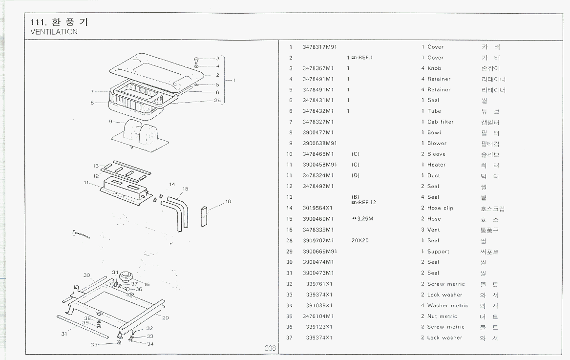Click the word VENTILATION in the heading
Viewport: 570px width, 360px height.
coord(54,32)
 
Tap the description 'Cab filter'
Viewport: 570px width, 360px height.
coord(440,122)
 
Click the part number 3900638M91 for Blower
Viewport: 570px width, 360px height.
coord(320,143)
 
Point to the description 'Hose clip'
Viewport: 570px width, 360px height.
coord(440,208)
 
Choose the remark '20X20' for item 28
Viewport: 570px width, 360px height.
coord(360,240)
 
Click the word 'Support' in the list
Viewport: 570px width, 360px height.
coord(438,252)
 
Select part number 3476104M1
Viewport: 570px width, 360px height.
coord(318,316)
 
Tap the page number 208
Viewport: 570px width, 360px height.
coord(271,348)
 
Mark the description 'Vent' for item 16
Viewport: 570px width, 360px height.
coord(433,230)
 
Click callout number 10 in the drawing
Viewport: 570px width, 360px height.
coord(228,201)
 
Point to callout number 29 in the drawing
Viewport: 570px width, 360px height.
coord(166,318)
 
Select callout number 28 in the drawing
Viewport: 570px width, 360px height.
coord(217,100)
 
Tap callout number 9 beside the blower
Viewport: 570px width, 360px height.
coord(110,121)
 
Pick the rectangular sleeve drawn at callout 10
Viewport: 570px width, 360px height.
coord(204,217)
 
